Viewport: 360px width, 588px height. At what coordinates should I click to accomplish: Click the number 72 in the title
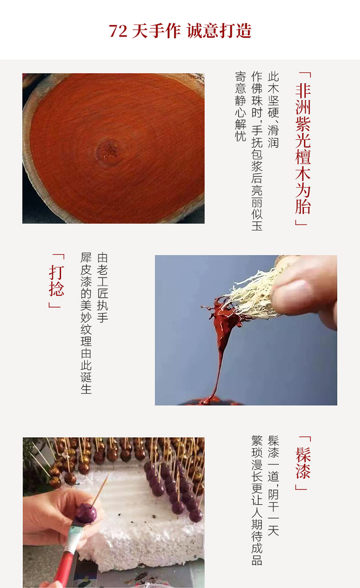pos(118,31)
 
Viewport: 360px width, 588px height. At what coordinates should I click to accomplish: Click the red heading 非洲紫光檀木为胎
pos(303,149)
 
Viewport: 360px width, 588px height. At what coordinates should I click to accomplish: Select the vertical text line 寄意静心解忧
pos(240,106)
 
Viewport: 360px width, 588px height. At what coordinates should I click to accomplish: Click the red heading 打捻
pos(56,280)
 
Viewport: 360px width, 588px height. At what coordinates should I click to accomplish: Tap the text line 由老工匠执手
pos(102,288)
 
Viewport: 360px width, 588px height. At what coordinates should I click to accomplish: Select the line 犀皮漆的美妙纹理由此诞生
pos(86,323)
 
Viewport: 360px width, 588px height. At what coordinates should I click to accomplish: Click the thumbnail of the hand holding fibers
pos(246,330)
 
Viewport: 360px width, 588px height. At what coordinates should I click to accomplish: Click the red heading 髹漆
pos(303,463)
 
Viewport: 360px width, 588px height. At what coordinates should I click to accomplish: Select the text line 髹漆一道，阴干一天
pos(273,485)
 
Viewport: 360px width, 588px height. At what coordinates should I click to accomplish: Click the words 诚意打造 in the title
pos(219,31)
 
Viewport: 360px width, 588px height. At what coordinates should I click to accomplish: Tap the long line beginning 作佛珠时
pos(257,151)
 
